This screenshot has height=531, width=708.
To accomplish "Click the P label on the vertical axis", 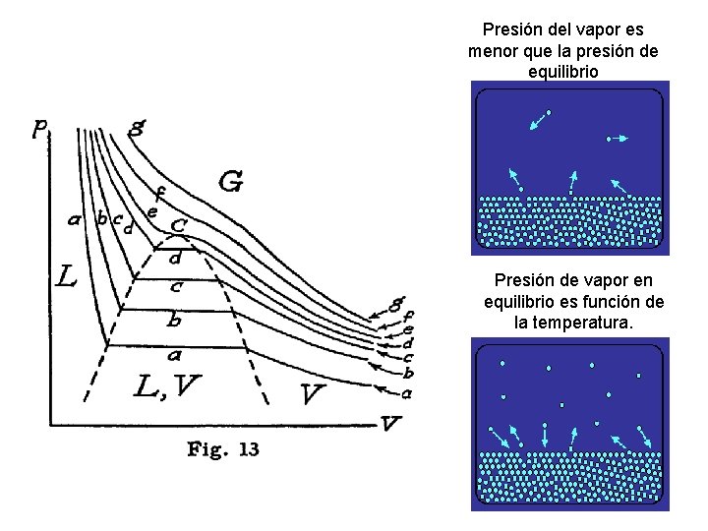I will pyautogui.click(x=40, y=129).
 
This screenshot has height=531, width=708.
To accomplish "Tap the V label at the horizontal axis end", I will pyautogui.click(x=390, y=423).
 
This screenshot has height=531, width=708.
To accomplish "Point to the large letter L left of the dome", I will pyautogui.click(x=66, y=278).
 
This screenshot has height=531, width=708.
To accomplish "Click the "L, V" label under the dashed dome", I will pyautogui.click(x=165, y=388).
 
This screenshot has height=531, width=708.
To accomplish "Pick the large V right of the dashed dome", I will pyautogui.click(x=314, y=394).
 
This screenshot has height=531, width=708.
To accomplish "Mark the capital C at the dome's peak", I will pyautogui.click(x=179, y=225).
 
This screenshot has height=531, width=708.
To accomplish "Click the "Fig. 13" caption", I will pyautogui.click(x=223, y=449).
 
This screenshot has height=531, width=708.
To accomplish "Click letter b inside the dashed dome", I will pyautogui.click(x=174, y=320).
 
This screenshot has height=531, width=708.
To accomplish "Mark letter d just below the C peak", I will pyautogui.click(x=175, y=259).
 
